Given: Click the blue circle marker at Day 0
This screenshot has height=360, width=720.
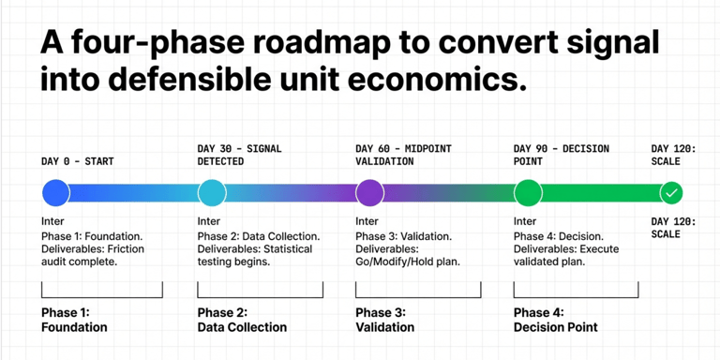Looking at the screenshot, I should click(55, 193).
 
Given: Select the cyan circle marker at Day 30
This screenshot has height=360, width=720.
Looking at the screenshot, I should click(212, 193).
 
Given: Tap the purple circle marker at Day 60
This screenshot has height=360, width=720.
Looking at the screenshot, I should click(369, 193).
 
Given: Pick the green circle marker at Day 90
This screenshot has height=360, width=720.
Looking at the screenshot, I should click(528, 193).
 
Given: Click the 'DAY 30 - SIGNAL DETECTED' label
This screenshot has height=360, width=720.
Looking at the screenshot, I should click(239, 155).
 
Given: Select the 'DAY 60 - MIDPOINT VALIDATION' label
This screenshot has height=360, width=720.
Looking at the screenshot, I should click(402, 155).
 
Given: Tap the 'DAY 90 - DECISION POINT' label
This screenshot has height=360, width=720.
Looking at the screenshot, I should click(561, 155).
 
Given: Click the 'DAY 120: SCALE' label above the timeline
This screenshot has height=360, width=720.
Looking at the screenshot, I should click(673, 155).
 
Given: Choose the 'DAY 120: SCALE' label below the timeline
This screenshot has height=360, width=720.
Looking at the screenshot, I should click(673, 227).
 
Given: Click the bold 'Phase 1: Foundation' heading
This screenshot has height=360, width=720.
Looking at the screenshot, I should click(74, 320).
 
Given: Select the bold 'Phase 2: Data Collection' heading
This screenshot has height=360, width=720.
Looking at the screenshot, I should click(242, 320).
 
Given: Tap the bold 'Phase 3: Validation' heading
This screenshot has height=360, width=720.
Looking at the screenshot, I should click(384, 320).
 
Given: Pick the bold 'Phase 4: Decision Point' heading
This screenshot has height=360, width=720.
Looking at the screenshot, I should click(555, 320).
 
